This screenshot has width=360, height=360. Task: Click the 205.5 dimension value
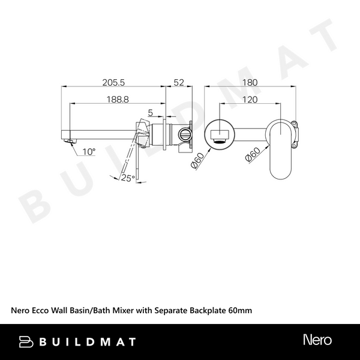[113, 82]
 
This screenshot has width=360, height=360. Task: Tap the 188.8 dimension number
[118, 100]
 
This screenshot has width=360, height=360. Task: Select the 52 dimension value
[178, 82]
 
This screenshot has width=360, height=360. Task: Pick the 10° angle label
[89, 152]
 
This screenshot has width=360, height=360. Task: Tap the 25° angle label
[126, 178]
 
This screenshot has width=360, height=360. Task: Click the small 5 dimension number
[150, 112]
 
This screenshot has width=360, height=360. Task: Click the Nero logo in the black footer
[317, 341]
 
